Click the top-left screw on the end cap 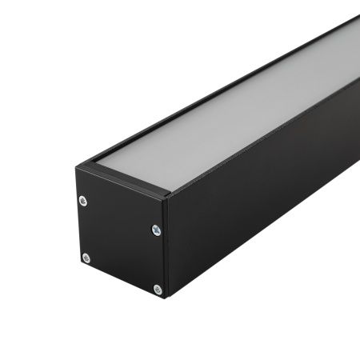[x=83, y=200]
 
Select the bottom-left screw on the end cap [x=86, y=258]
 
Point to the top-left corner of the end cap [x=76, y=165]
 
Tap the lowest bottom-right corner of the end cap [x=165, y=297]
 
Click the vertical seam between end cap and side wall [x=166, y=248]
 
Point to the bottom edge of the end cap [x=120, y=281]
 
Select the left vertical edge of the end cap [x=77, y=216]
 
